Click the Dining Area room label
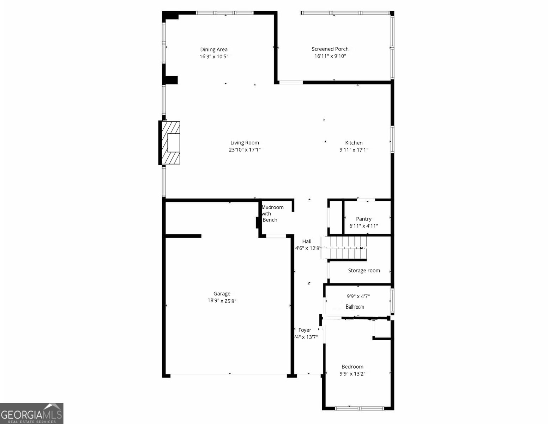pos(214,49)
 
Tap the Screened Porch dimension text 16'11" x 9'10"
pos(330,56)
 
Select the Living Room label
pos(245,143)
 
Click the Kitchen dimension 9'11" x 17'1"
pos(354,150)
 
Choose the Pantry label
pos(363,219)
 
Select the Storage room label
pos(364,271)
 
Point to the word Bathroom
pos(355,307)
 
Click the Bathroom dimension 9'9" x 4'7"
pos(358,296)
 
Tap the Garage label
pos(222,294)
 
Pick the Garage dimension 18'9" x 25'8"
pos(222,301)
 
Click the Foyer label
pos(305,330)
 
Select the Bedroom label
pos(352,367)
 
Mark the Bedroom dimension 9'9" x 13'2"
pos(352,374)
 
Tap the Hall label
pos(307,241)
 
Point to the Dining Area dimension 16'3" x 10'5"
pos(214,57)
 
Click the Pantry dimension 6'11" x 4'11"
pos(363,226)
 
